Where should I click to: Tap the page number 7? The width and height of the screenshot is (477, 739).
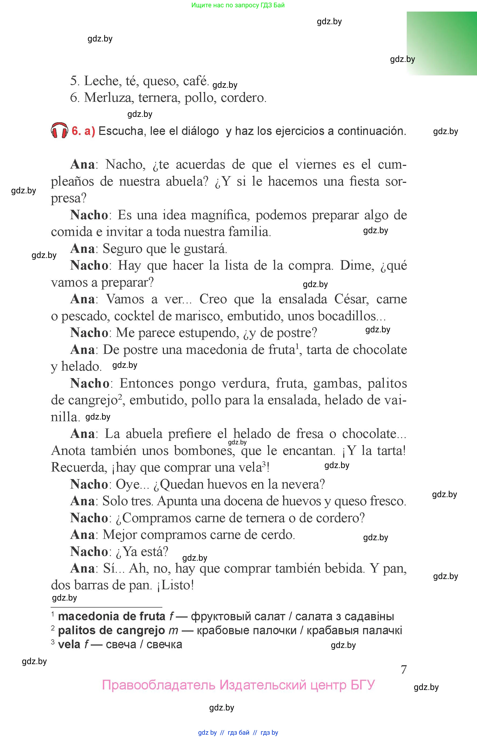coord(403,670)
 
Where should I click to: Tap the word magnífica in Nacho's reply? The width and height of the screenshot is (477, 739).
coord(220,215)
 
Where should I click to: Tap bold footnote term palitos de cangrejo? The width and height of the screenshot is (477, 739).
coord(111,630)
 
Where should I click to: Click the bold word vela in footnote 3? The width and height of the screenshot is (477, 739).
coord(69,644)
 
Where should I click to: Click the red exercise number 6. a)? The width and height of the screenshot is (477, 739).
coord(83,131)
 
